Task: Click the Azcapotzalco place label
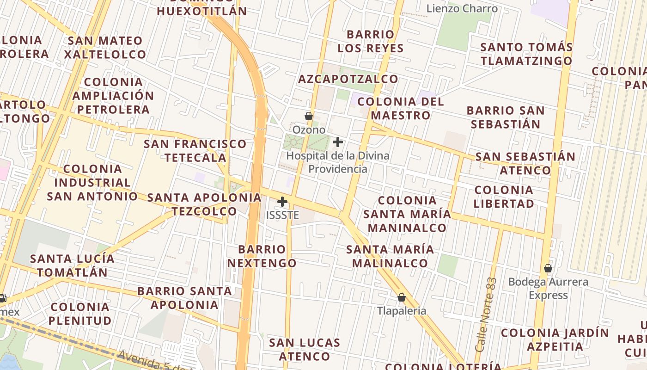[x=348, y=79]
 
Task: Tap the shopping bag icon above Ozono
[x=308, y=116]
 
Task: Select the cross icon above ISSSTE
[x=282, y=202]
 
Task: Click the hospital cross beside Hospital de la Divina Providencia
[x=338, y=142]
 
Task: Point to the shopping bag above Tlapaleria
[x=401, y=297]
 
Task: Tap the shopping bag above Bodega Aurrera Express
[x=548, y=268]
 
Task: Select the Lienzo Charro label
[x=462, y=8]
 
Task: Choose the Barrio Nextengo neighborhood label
[x=262, y=256]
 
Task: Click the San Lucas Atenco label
[x=305, y=349]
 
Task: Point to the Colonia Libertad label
[x=504, y=197]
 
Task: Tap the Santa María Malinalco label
[x=390, y=256]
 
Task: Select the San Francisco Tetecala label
[x=195, y=150]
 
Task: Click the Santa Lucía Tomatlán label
[x=72, y=265]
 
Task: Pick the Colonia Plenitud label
[x=81, y=314]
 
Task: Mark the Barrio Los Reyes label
[x=371, y=41]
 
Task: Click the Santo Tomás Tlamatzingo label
[x=526, y=54]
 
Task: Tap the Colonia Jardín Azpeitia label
[x=555, y=339]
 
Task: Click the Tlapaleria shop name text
[x=402, y=311]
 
